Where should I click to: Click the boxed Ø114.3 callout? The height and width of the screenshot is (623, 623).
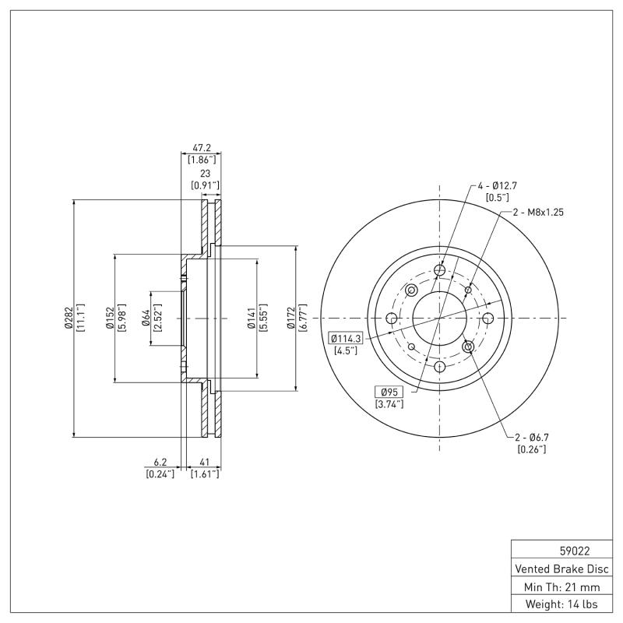pos(346,338)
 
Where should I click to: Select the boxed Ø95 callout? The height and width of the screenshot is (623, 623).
pos(389,391)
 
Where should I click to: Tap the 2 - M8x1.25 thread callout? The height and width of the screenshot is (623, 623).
pos(537,212)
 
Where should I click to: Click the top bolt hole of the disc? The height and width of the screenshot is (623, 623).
pos(440,270)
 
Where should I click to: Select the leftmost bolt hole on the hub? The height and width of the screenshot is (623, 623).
pos(392,319)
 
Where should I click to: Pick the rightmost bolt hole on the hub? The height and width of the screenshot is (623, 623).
pos(488,319)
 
